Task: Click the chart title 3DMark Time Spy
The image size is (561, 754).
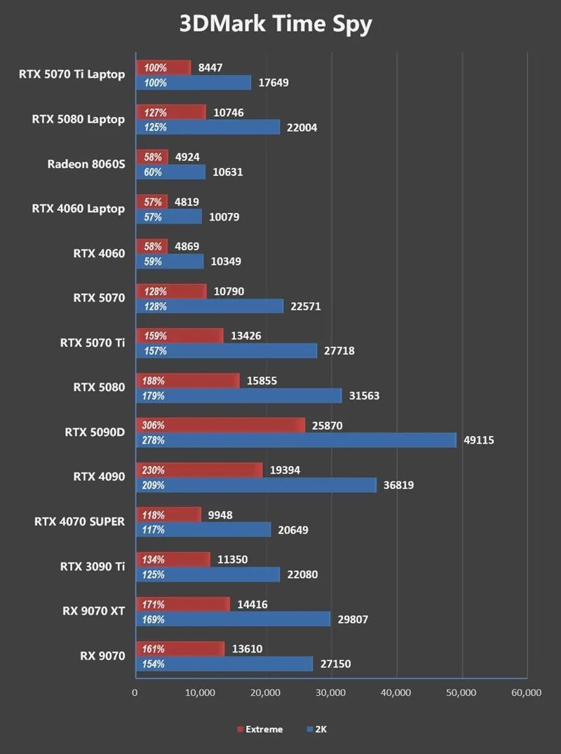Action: pyautogui.click(x=275, y=24)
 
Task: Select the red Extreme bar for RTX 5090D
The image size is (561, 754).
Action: pyautogui.click(x=220, y=425)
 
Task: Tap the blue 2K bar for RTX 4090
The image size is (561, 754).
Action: pyautogui.click(x=255, y=485)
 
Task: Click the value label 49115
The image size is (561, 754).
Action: pyautogui.click(x=479, y=440)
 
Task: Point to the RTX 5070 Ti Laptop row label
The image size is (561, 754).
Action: pyautogui.click(x=72, y=74)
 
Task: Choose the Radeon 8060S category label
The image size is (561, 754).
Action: pyautogui.click(x=86, y=164)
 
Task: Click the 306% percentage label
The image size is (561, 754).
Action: pyautogui.click(x=154, y=425)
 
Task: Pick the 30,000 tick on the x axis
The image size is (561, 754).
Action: pyautogui.click(x=330, y=693)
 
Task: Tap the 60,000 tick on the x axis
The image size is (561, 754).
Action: pyautogui.click(x=526, y=693)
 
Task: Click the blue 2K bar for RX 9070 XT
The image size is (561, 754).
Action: pyautogui.click(x=232, y=619)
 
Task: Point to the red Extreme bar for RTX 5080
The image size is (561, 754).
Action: pyautogui.click(x=187, y=381)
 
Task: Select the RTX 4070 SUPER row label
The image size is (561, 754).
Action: pyautogui.click(x=79, y=521)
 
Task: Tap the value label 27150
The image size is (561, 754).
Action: pyautogui.click(x=336, y=664)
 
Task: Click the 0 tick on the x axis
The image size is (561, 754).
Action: pyautogui.click(x=135, y=693)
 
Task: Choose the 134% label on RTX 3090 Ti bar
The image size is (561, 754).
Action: pyautogui.click(x=154, y=559)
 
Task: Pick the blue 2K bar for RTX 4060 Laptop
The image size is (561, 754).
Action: pyautogui.click(x=168, y=217)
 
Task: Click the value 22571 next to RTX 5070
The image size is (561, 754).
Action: pyautogui.click(x=306, y=306)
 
